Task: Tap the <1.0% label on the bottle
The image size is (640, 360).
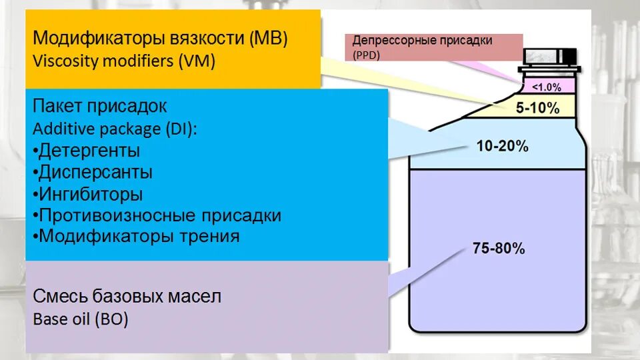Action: point(547,87)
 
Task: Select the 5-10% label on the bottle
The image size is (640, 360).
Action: point(538,108)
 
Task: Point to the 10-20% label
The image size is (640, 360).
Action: point(503,146)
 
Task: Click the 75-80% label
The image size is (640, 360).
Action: point(499,249)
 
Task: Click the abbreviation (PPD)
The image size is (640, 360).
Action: point(366,55)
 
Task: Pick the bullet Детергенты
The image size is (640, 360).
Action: point(89,150)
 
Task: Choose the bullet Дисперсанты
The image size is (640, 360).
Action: point(94,172)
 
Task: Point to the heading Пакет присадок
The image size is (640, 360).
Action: point(100,106)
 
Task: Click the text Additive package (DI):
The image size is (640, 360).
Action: point(115,128)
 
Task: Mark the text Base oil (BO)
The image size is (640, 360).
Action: point(81,319)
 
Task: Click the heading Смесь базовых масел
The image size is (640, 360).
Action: point(127,297)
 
